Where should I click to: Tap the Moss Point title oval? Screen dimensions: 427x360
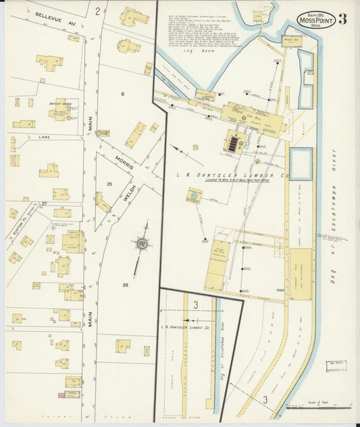coord(315,20)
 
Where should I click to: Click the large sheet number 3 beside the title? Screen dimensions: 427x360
coord(343,19)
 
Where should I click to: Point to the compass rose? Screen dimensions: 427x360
coord(143,244)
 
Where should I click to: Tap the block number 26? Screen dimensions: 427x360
coord(126,284)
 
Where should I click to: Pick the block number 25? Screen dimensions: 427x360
coord(109,184)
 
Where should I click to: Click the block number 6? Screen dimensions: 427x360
coord(122,93)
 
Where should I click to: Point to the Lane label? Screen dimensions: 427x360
coord(45,137)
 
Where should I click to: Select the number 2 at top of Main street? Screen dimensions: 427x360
coord(97,10)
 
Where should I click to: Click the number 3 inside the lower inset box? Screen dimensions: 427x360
coord(196,305)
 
